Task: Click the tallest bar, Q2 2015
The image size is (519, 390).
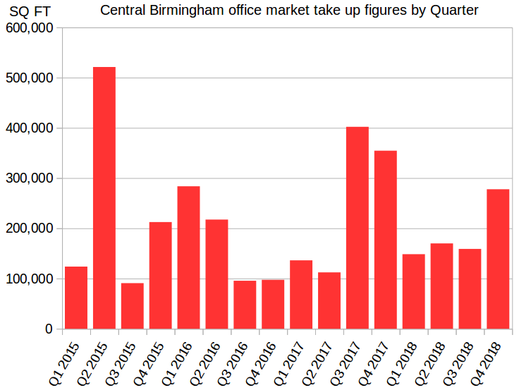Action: click(104, 197)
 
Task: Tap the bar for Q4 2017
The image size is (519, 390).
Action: click(386, 240)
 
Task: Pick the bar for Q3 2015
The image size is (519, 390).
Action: click(133, 306)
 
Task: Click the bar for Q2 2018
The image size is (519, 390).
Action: click(441, 286)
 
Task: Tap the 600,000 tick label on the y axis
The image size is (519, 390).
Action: click(30, 28)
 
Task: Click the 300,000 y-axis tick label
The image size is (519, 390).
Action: click(30, 178)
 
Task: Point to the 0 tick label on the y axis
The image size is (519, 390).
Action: click(49, 329)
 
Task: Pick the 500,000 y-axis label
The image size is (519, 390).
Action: click(30, 78)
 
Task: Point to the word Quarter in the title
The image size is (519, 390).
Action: click(454, 11)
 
